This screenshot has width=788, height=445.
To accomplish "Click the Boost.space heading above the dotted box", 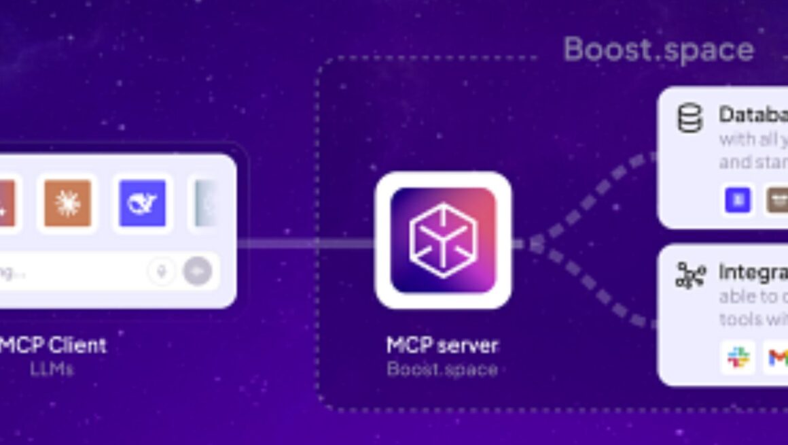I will pos(658,50).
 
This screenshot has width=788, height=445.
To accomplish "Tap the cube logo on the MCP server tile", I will pos(443,240).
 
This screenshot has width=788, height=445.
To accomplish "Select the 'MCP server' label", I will pos(442,345).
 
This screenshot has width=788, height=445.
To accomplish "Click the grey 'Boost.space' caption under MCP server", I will pos(442,369).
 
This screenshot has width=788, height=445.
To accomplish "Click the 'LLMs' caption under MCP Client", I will pos(52,369).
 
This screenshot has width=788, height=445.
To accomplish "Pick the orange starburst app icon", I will pos(67,203).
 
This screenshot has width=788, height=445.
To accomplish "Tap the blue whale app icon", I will pos(142,203).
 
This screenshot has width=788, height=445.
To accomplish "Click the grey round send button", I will pos(197,271).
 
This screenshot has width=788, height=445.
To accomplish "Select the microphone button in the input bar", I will pos(161,271).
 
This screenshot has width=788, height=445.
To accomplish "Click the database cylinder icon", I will pos(689,118).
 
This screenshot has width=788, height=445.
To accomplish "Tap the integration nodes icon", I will pos(689,275).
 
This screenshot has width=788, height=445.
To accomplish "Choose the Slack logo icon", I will pos(738,357).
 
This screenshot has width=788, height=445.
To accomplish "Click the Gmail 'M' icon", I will pos(777,357).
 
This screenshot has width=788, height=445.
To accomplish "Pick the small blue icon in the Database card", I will pos(738,201).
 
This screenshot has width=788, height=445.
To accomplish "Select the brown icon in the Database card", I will pos(777,201).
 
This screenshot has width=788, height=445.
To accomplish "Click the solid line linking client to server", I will pos(306,243).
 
